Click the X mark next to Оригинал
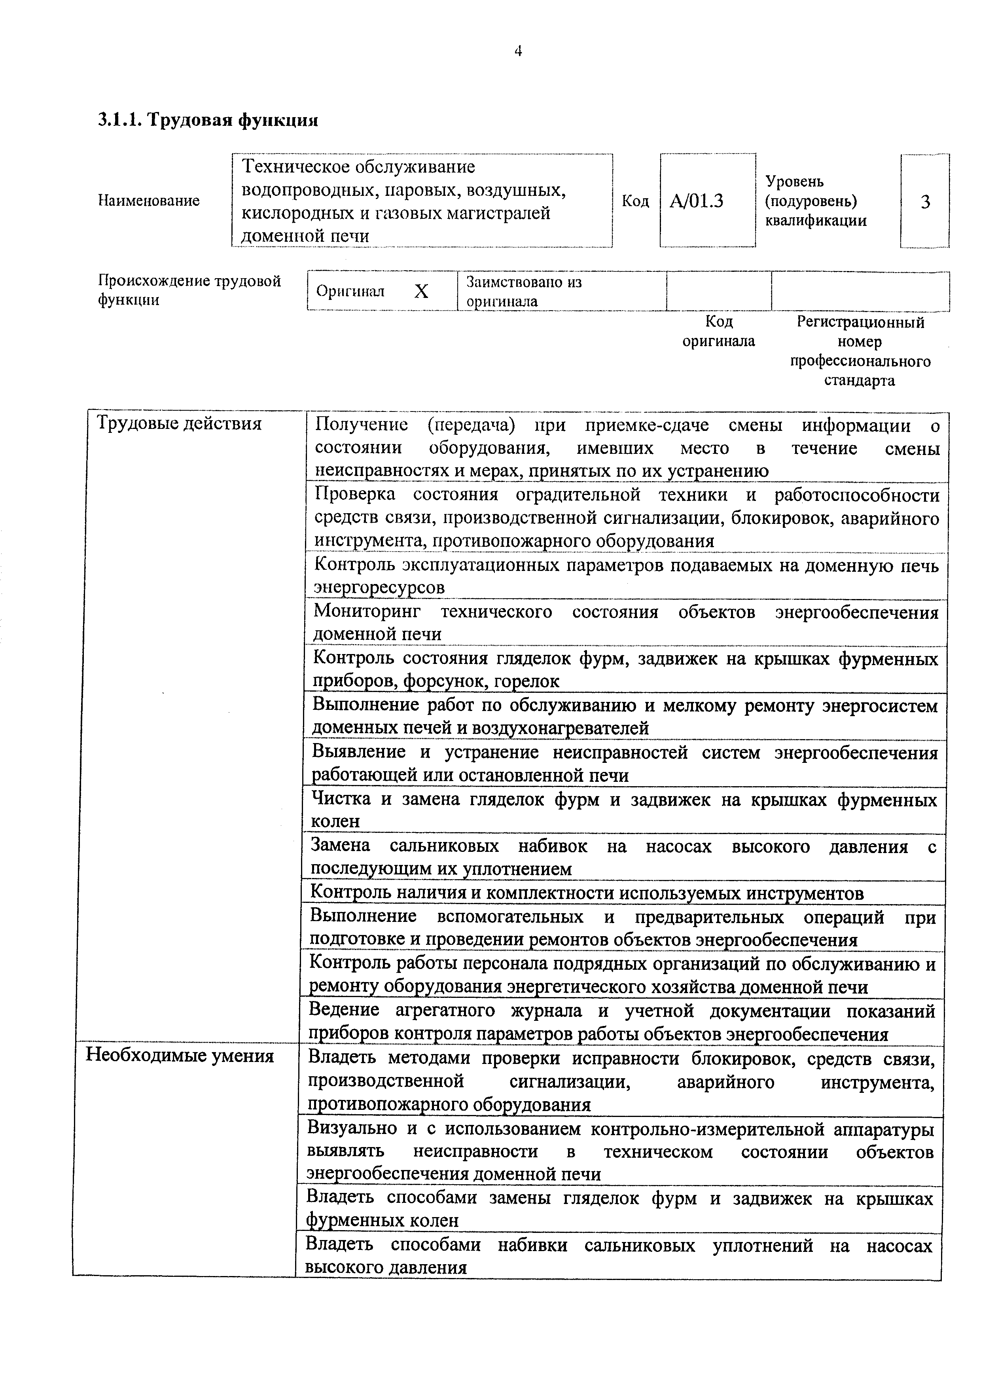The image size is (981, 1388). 421,292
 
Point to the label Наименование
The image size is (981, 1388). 149,201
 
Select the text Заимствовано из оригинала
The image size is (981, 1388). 523,291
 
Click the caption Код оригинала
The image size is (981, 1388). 719,331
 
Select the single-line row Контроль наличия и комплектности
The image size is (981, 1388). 586,893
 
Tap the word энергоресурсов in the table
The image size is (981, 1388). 379,587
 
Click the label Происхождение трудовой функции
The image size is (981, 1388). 189,290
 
